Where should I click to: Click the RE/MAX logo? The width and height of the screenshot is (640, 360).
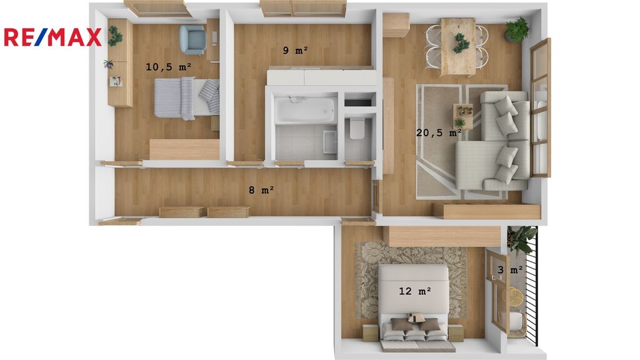pyautogui.click(x=52, y=37)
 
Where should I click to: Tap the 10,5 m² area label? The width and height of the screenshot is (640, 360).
pyautogui.click(x=169, y=66)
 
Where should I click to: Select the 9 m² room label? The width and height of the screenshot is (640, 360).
pyautogui.click(x=296, y=50)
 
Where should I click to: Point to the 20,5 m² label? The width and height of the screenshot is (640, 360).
pyautogui.click(x=439, y=132)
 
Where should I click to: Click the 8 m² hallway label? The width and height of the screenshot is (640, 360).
pyautogui.click(x=261, y=190)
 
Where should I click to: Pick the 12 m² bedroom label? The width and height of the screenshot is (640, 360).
pyautogui.click(x=415, y=291)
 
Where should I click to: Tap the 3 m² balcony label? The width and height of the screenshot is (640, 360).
pyautogui.click(x=510, y=270)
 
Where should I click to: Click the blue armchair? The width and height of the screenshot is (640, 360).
pyautogui.click(x=192, y=39)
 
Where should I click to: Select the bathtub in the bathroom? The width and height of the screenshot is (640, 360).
pyautogui.click(x=305, y=109)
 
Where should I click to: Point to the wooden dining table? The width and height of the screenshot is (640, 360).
pyautogui.click(x=458, y=46)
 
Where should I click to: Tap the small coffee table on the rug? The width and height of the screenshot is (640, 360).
pyautogui.click(x=463, y=116)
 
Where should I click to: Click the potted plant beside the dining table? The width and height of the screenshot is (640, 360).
pyautogui.click(x=517, y=30)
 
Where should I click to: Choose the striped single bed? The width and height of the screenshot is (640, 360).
pyautogui.click(x=186, y=98)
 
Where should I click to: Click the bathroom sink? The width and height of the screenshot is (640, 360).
pyautogui.click(x=329, y=142)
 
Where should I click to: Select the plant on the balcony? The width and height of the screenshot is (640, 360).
pyautogui.click(x=521, y=239)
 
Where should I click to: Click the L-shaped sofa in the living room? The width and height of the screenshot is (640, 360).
pyautogui.click(x=493, y=141)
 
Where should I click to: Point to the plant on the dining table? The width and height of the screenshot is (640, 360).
pyautogui.click(x=460, y=43)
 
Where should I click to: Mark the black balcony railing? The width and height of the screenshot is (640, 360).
pyautogui.click(x=532, y=286)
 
